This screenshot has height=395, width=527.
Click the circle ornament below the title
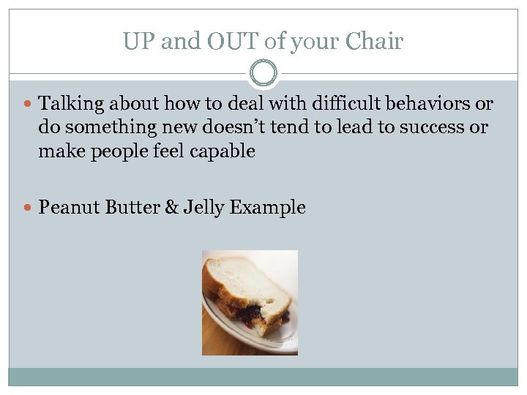click(x=263, y=74)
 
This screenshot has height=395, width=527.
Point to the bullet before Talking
click(x=29, y=105)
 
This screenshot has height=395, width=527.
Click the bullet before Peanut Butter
click(x=29, y=208)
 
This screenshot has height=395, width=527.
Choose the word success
click(x=430, y=128)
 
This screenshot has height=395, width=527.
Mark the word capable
click(x=223, y=151)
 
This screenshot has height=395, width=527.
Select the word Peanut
click(x=70, y=208)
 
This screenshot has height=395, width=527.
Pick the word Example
click(x=267, y=208)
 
